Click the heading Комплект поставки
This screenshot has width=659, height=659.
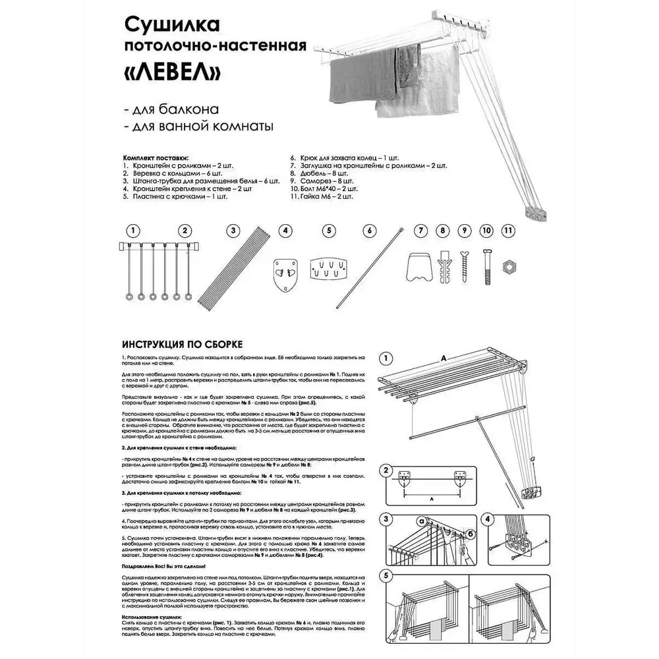156,158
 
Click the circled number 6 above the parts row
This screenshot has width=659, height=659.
369,231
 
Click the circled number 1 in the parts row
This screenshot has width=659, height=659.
134,231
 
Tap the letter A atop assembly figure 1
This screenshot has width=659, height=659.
444,357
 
